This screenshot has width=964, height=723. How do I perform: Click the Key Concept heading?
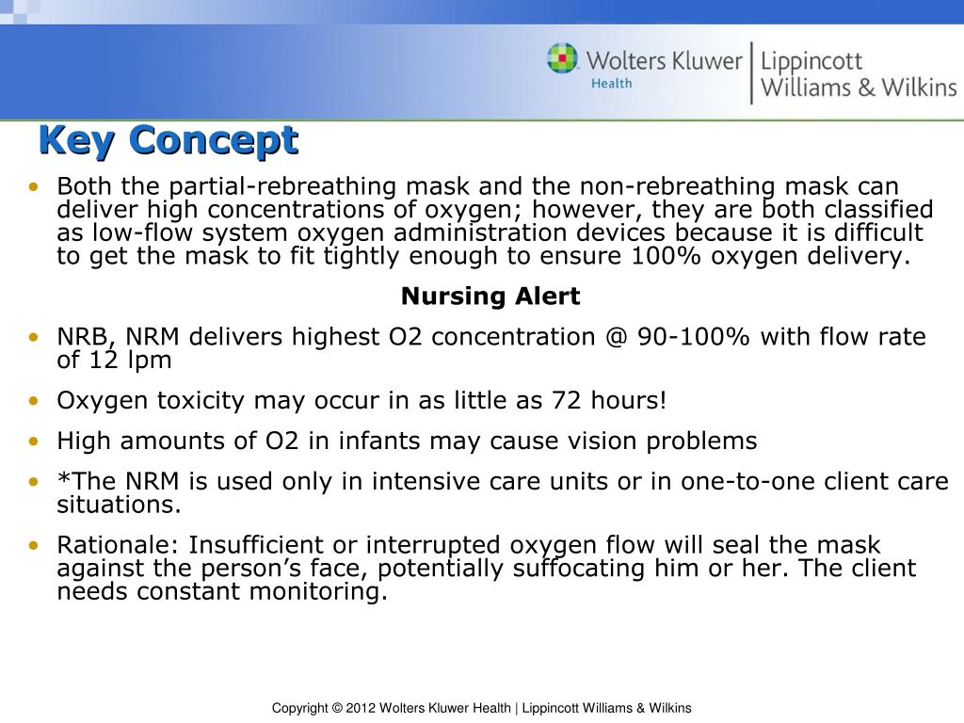pyautogui.click(x=168, y=140)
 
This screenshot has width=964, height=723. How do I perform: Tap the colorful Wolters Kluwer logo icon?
pyautogui.click(x=563, y=59)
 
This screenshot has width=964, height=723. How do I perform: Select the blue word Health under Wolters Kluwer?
pyautogui.click(x=611, y=84)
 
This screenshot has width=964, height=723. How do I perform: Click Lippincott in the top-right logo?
pyautogui.click(x=811, y=62)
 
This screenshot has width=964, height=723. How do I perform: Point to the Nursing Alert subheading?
pyautogui.click(x=490, y=297)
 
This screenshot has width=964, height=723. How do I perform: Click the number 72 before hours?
pyautogui.click(x=567, y=401)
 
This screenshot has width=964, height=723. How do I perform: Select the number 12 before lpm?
pyautogui.click(x=104, y=360)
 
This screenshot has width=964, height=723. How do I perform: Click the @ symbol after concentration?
pyautogui.click(x=617, y=337)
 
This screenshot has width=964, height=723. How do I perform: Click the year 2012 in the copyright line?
pyautogui.click(x=361, y=708)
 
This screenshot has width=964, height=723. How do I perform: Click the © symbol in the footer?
pyautogui.click(x=337, y=708)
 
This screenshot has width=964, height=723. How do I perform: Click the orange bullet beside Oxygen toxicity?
pyautogui.click(x=34, y=401)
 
